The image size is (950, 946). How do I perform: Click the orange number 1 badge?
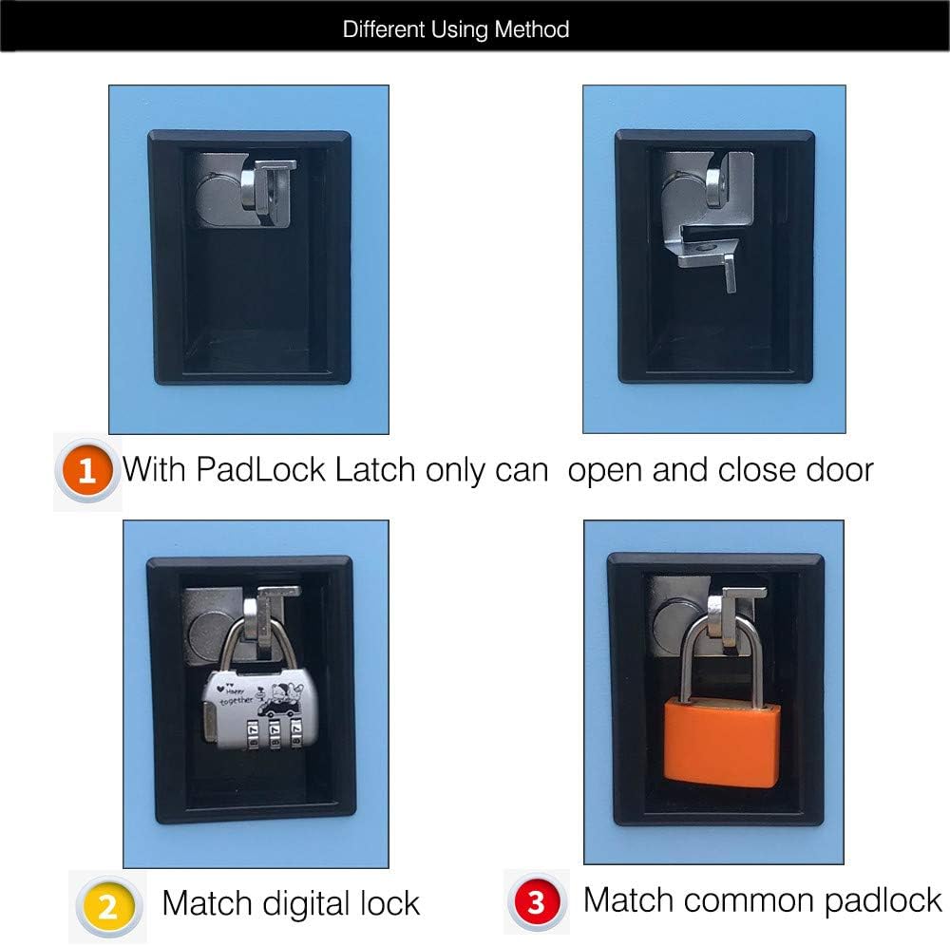86,470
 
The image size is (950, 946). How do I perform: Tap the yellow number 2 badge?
108,906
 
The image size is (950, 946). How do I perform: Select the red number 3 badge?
536,901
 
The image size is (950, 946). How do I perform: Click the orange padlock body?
721,743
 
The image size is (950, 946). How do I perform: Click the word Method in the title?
531,29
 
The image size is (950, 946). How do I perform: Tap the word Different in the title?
383,29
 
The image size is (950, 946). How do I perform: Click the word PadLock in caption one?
261,470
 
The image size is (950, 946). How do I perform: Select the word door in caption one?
839,470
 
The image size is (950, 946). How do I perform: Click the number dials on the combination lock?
273,733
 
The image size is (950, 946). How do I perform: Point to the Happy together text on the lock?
234,694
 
